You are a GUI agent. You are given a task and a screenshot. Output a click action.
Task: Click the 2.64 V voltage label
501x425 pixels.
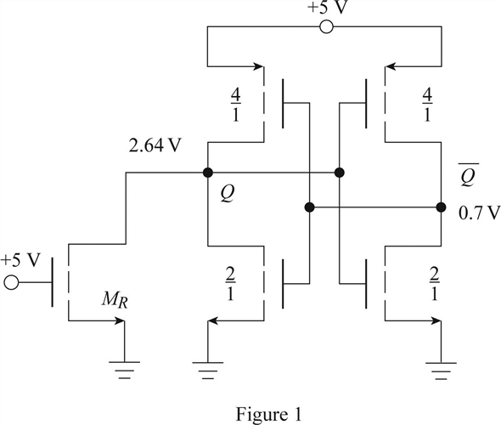click(x=155, y=146)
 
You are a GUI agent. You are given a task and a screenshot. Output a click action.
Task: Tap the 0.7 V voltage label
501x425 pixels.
click(x=479, y=213)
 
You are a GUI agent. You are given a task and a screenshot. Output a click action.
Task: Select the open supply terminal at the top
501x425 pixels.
click(x=326, y=27)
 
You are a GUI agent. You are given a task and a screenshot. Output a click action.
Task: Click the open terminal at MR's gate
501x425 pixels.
click(x=12, y=283)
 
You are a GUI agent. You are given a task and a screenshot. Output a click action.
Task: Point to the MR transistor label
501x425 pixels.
click(x=115, y=300)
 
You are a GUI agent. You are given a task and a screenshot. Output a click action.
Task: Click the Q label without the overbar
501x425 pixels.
click(x=228, y=194)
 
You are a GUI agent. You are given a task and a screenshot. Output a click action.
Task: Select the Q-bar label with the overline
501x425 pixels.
click(x=468, y=174)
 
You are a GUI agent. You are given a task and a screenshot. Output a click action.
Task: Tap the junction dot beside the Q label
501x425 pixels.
click(x=208, y=173)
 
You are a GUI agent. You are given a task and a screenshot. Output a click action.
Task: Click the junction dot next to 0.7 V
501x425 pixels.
click(x=441, y=207)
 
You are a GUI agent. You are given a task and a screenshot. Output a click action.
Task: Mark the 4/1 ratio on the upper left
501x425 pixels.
click(x=236, y=105)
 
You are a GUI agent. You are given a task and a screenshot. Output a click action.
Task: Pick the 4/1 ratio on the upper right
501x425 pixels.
click(x=427, y=105)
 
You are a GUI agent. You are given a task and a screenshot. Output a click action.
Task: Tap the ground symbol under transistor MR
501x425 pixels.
click(x=124, y=370)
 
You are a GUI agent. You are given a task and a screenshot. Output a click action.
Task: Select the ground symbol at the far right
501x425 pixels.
click(x=441, y=371)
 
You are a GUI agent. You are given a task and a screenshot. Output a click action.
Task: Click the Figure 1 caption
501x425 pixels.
click(x=268, y=415)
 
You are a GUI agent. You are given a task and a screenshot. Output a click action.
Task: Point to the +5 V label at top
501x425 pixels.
click(x=327, y=7)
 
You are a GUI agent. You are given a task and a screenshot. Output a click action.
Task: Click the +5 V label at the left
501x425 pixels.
click(x=20, y=260)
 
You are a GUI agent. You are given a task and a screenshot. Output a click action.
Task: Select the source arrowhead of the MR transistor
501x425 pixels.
click(x=120, y=320)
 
